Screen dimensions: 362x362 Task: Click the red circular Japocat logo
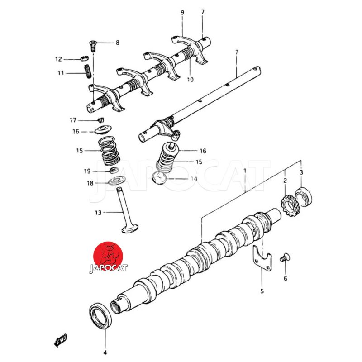coord(108,256)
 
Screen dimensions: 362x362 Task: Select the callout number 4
coord(105,352)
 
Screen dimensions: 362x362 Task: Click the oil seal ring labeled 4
coord(100,316)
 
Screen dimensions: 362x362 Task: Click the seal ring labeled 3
coord(304,197)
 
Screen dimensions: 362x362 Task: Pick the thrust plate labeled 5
coord(262,258)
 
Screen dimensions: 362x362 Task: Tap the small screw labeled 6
coord(285,257)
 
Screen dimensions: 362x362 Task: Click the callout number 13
coord(98,212)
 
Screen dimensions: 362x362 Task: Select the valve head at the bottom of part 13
coord(130,228)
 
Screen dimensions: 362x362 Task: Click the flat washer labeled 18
coord(117,180)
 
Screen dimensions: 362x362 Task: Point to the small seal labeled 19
coord(114,171)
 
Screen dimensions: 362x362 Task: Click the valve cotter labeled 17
coord(100,120)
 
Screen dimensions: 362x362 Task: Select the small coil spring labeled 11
coord(87,71)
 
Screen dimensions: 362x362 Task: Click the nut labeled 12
coord(85,58)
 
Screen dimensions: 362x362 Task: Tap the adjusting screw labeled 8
coord(93,46)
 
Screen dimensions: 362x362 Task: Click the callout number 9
coord(182,12)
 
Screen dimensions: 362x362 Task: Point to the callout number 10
coord(190,80)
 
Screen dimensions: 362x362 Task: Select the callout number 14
coord(194,179)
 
